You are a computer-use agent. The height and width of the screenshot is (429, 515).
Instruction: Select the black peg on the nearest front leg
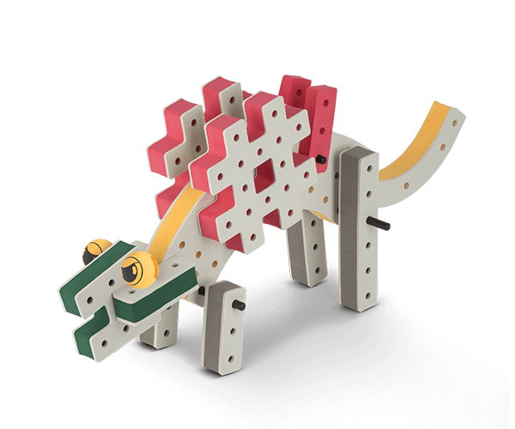(x=238, y=306)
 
